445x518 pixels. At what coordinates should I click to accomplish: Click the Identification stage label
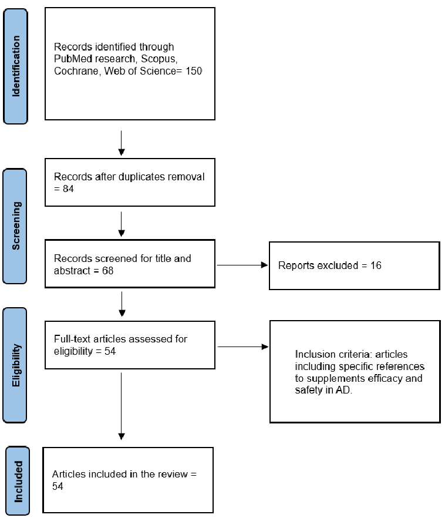point(16,66)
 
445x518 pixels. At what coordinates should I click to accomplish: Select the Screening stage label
point(16,226)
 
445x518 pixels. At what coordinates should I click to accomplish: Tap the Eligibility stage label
point(16,364)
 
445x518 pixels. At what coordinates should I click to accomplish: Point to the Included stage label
point(18,481)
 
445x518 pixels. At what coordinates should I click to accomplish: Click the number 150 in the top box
point(193,72)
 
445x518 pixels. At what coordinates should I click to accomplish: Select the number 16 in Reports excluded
point(376,265)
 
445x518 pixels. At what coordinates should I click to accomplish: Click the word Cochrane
point(75,72)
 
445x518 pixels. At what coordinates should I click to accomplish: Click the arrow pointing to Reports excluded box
point(242,265)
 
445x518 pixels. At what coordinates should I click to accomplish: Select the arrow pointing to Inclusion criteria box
point(242,347)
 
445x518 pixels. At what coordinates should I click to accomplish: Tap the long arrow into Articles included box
point(121,405)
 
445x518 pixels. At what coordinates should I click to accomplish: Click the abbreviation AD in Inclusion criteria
point(343,391)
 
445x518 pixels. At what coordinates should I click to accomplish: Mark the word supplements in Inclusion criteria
point(334,379)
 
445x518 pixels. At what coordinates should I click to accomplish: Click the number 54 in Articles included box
point(58,487)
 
